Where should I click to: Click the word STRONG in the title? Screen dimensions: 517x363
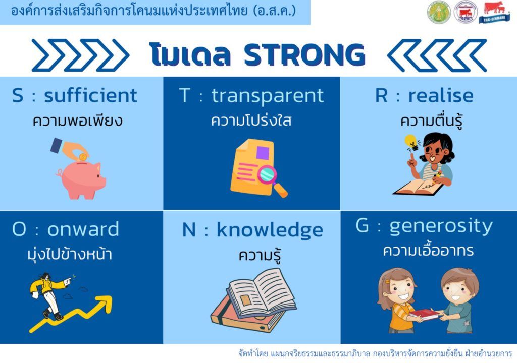304,54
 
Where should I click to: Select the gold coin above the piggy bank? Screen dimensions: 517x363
83,156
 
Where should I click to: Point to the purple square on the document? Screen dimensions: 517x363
263,153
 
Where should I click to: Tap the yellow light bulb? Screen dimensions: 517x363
411,142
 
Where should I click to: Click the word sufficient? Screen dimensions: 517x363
90,95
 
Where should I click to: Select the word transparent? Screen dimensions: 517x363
268,96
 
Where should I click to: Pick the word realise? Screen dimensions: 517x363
441,95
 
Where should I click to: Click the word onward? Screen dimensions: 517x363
83,229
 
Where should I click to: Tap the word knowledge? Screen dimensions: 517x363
270,230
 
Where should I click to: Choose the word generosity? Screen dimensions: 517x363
441,227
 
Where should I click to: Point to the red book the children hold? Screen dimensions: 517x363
424,314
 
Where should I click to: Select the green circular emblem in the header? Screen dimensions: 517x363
439,13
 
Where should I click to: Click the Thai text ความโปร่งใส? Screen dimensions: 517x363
251,120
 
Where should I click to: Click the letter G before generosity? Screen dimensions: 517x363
361,226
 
